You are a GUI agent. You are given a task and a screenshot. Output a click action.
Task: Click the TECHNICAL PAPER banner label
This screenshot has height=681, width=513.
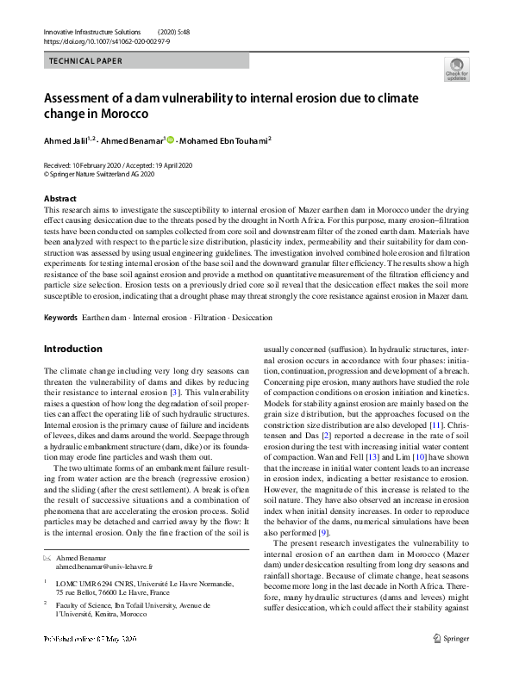[85, 61]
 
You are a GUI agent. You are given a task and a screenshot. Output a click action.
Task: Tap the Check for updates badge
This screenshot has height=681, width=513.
[456, 69]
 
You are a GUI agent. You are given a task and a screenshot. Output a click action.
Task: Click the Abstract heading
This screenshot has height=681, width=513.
[59, 199]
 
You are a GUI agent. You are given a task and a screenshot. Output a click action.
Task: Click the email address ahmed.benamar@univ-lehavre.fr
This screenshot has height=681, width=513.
[103, 568]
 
